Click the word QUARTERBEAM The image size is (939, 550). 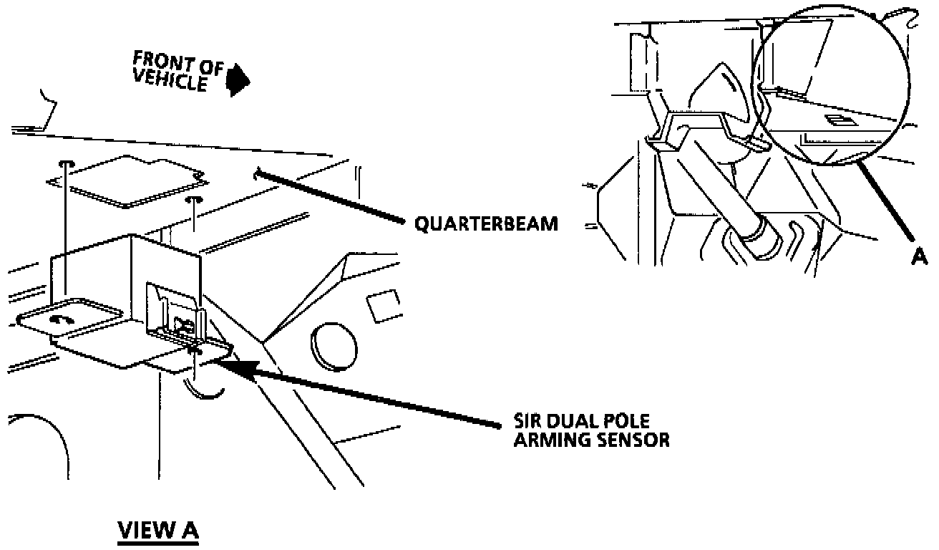[x=486, y=223]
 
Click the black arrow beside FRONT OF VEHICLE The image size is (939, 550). [x=237, y=79]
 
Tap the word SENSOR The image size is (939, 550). [x=634, y=440]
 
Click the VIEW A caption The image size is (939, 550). [x=157, y=531]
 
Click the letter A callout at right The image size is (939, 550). [x=920, y=256]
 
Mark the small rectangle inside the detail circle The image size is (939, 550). [x=835, y=121]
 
